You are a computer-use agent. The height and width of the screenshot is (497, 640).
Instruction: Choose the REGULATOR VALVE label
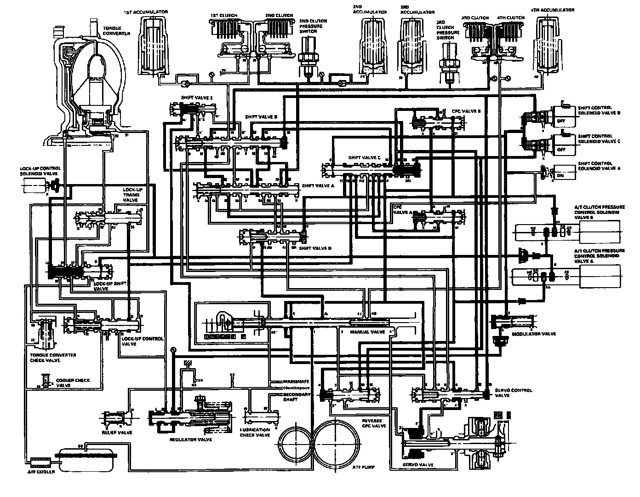point(191,440)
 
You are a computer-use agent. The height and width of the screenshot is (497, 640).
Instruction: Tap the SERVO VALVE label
point(417,465)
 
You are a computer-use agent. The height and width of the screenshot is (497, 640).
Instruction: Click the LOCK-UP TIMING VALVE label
point(131,195)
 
